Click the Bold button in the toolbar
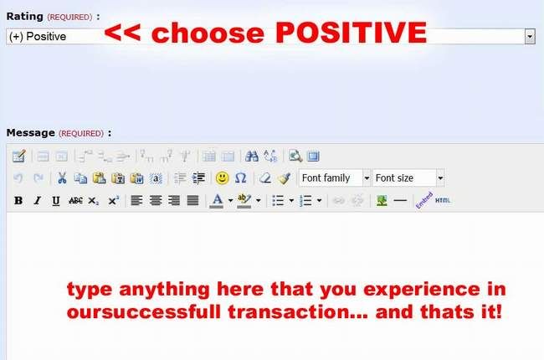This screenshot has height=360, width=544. [x=18, y=201]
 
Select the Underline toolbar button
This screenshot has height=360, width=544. [x=55, y=201]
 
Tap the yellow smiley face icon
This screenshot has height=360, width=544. [x=222, y=178]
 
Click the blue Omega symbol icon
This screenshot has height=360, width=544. [x=240, y=178]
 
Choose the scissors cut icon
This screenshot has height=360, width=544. [x=62, y=178]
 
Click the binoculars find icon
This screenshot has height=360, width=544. [x=252, y=157]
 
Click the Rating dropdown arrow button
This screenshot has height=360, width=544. [x=530, y=36]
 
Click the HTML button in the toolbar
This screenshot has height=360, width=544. [x=443, y=200]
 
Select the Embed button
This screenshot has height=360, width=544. [x=424, y=200]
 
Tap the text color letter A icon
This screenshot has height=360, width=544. [x=218, y=201]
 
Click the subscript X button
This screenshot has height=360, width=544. [x=93, y=201]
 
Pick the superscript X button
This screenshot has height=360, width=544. [x=114, y=200]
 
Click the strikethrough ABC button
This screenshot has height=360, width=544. [x=75, y=201]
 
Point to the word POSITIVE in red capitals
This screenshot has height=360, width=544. [x=352, y=33]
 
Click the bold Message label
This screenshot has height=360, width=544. [x=30, y=132]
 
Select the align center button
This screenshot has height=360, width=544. [x=156, y=200]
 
